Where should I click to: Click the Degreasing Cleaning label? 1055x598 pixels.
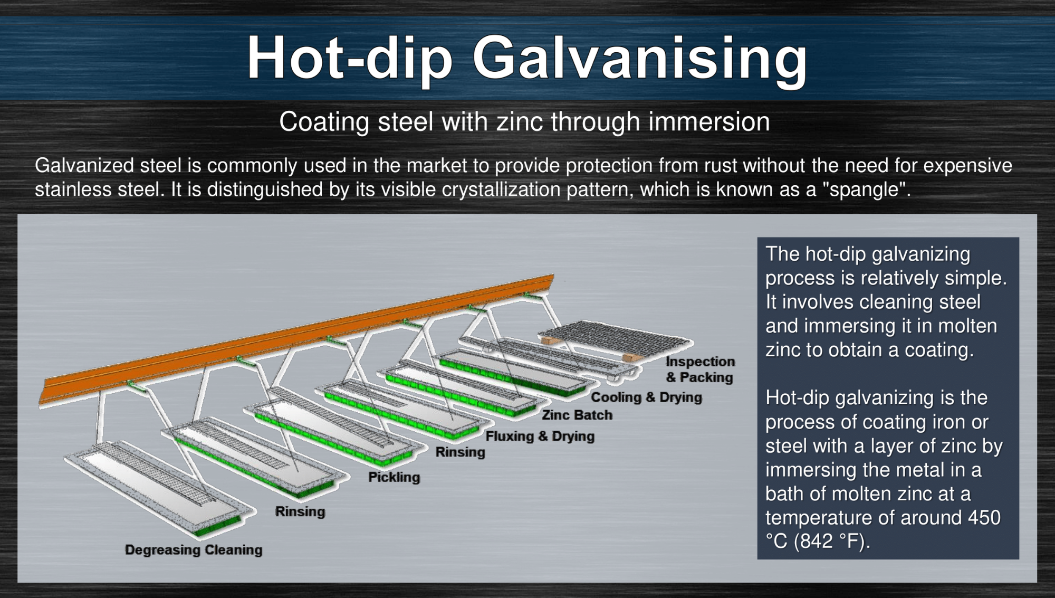tap(194, 550)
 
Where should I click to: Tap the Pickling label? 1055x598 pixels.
tap(394, 477)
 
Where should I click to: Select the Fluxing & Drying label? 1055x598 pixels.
tap(540, 436)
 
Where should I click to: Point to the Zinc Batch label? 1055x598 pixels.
tap(577, 415)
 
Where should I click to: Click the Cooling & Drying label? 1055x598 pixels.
tap(646, 397)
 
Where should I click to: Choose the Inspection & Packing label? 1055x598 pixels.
tap(700, 369)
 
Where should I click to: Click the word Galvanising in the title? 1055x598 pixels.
tap(640, 58)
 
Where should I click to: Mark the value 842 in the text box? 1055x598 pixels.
tap(817, 542)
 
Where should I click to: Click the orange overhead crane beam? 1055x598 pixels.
tap(297, 340)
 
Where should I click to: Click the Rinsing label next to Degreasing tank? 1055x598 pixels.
tap(300, 511)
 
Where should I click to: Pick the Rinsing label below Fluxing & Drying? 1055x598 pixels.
tap(461, 452)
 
